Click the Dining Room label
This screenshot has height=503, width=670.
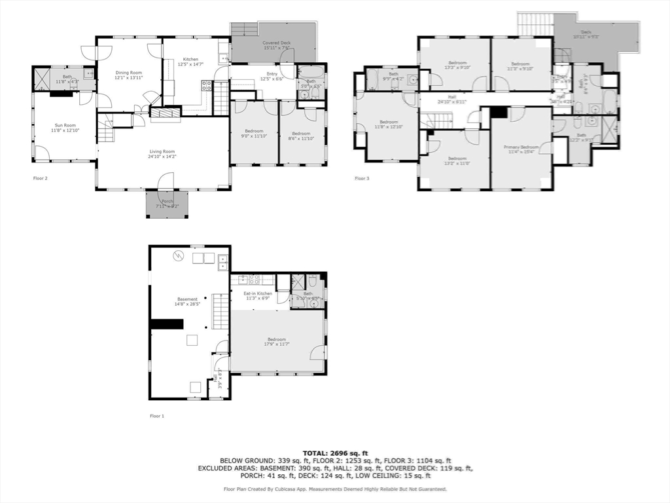pyautogui.click(x=128, y=75)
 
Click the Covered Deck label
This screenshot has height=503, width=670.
pyautogui.click(x=277, y=45)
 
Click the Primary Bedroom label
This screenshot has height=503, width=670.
pyautogui.click(x=521, y=149)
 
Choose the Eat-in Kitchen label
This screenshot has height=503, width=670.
pyautogui.click(x=258, y=296)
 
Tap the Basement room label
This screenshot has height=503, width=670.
pyautogui.click(x=187, y=301)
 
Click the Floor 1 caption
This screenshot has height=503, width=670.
pyautogui.click(x=157, y=416)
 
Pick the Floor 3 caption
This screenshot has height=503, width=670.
pyautogui.click(x=362, y=178)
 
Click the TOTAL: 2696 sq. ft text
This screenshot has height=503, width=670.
pyautogui.click(x=335, y=453)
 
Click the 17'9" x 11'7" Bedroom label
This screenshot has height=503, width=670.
pyautogui.click(x=277, y=341)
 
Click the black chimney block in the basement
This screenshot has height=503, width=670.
pyautogui.click(x=166, y=324)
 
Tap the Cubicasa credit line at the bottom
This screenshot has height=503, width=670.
pyautogui.click(x=335, y=489)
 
